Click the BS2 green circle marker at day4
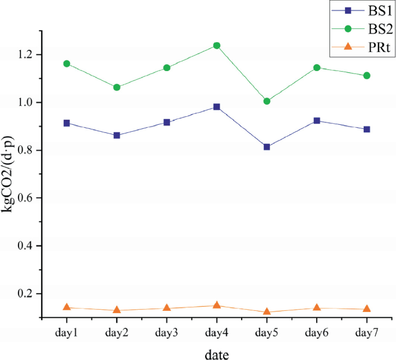point(216,45)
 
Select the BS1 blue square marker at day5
point(267,147)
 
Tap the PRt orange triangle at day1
point(66,307)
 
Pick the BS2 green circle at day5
point(267,101)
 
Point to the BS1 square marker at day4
point(216,107)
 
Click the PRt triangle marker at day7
point(367,309)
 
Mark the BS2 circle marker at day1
point(66,64)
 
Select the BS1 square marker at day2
point(117,135)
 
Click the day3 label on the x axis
point(166,333)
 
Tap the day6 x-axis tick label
point(317,333)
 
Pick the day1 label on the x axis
point(66,333)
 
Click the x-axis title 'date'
point(216,352)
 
